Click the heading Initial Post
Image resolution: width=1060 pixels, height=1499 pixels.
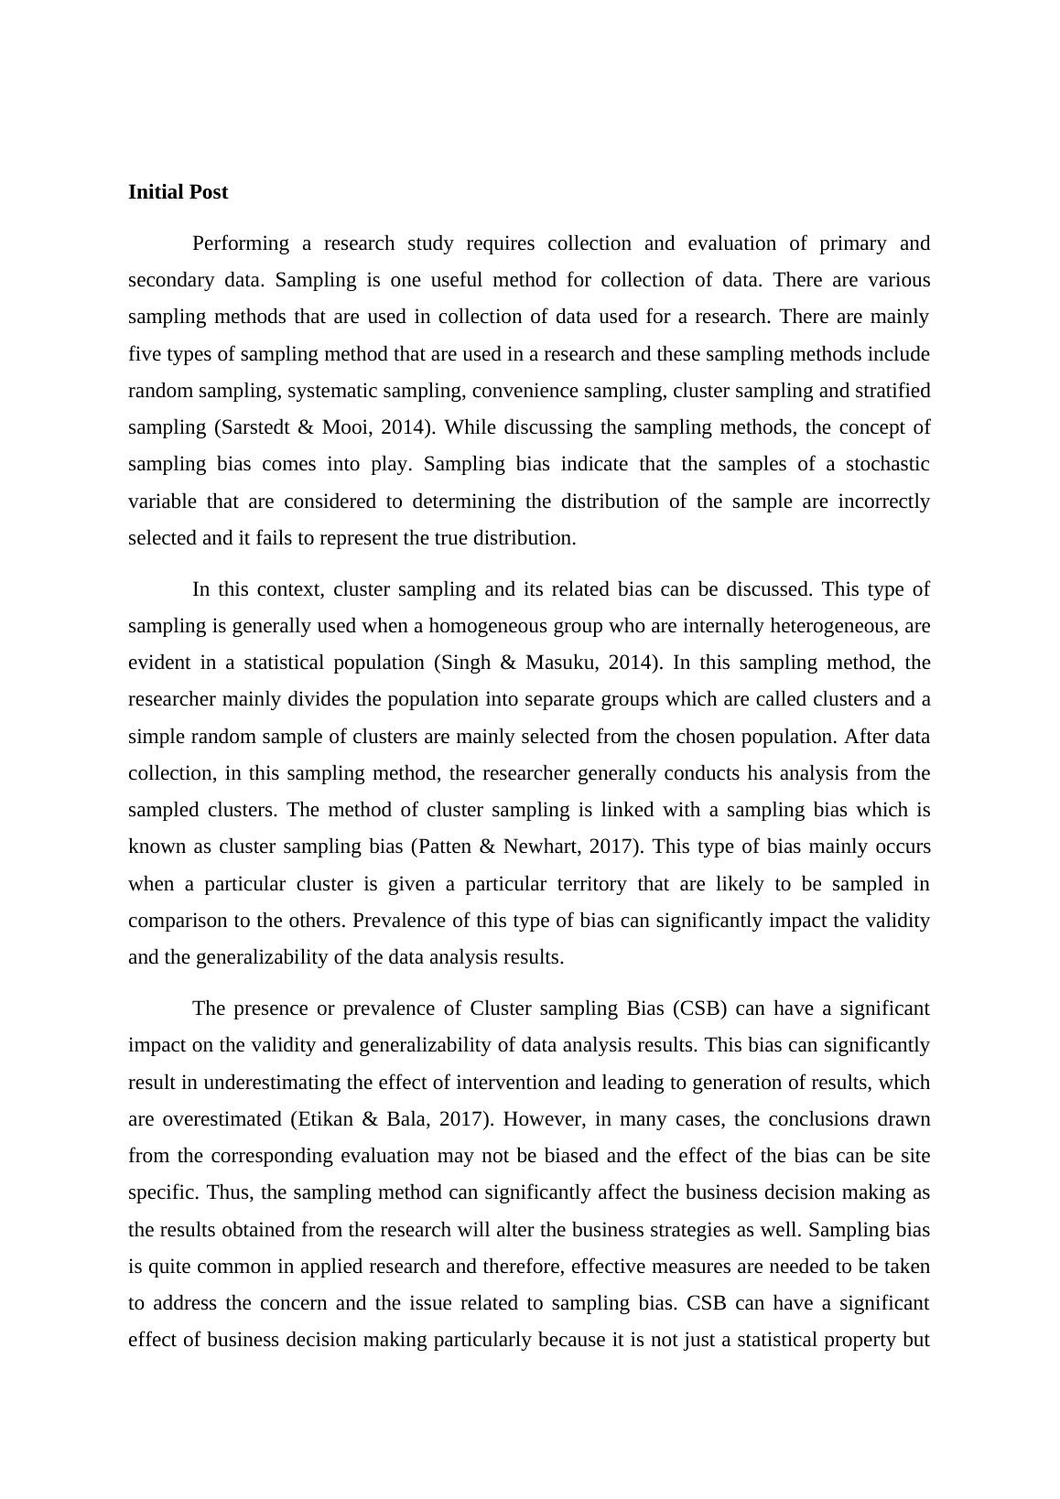[178, 192]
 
